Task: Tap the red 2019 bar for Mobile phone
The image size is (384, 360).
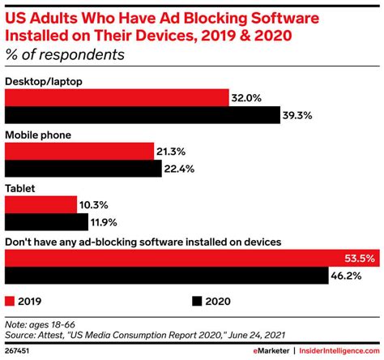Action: point(79,151)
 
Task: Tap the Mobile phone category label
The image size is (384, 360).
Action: point(37,135)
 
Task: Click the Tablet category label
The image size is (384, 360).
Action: point(20,187)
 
